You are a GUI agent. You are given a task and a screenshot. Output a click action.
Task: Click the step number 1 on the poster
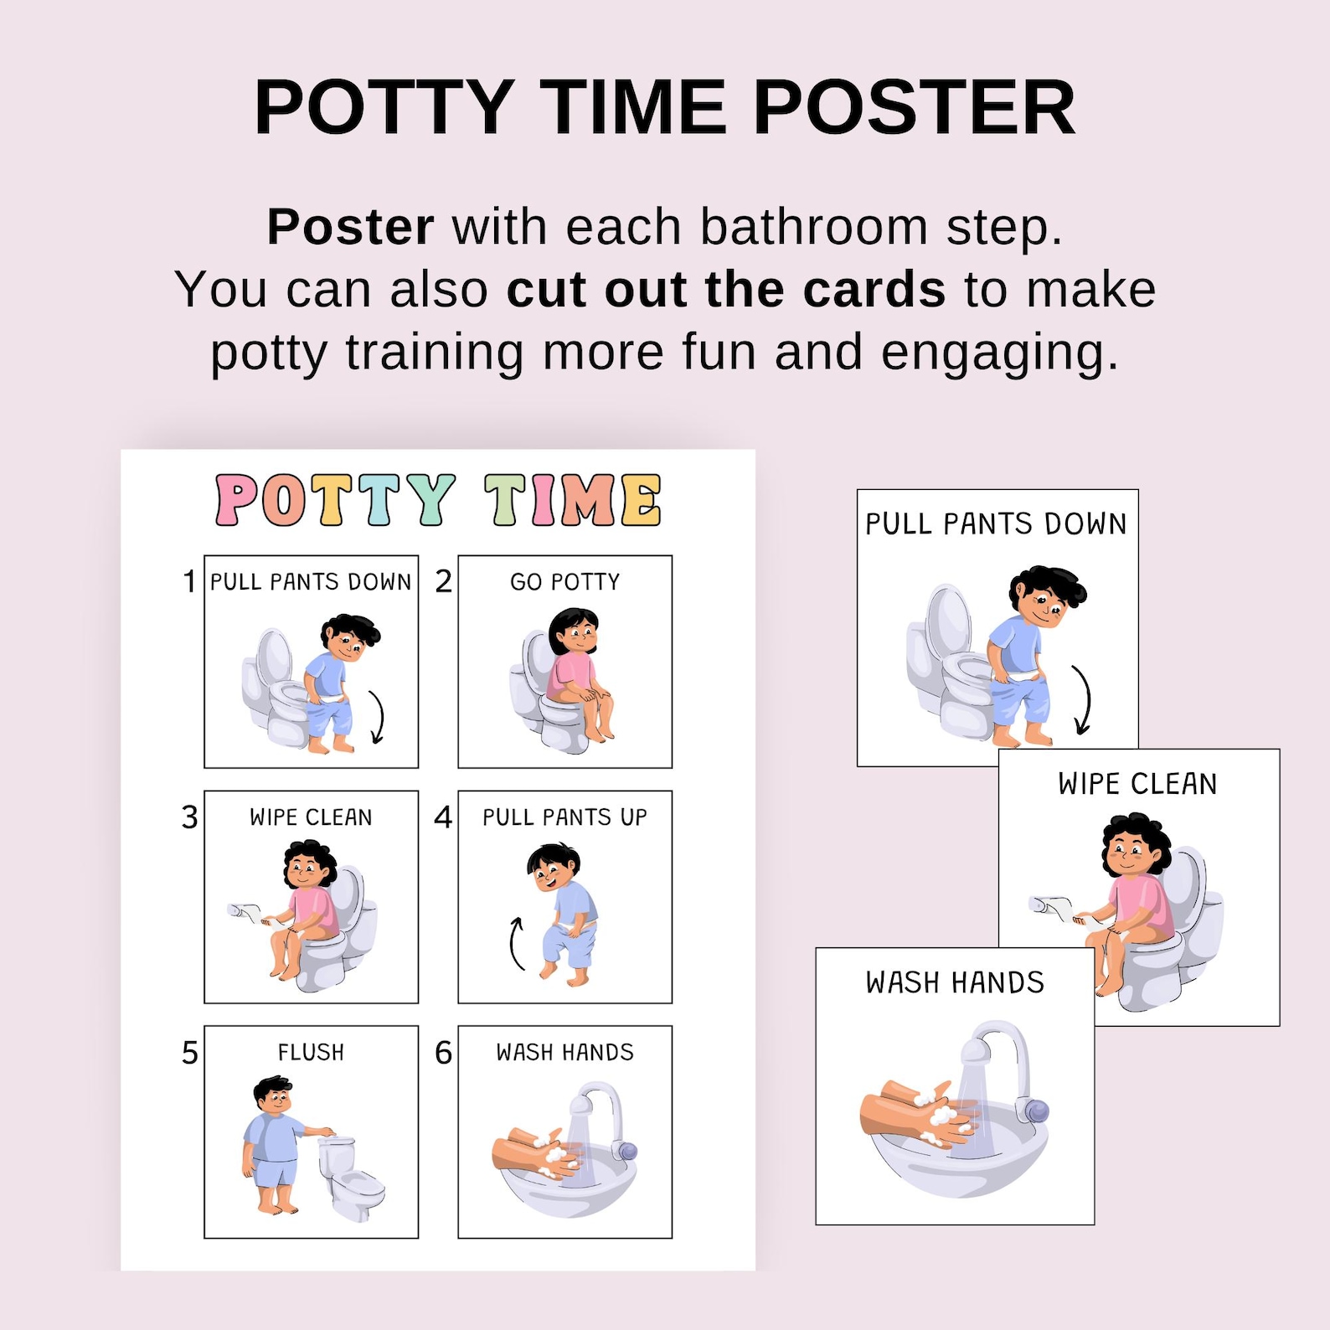click(x=189, y=581)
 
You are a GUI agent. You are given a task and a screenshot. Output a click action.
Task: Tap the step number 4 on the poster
click(x=443, y=817)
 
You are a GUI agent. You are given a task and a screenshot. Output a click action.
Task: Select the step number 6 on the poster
click(x=443, y=1053)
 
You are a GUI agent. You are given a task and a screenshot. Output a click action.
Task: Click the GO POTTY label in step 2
click(x=565, y=581)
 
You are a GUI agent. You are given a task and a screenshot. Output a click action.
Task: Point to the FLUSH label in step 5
click(x=311, y=1052)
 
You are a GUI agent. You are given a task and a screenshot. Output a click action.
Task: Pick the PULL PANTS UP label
click(x=565, y=817)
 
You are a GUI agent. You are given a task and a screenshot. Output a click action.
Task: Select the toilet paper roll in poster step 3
click(x=245, y=912)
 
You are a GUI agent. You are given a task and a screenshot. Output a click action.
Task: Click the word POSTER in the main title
click(x=915, y=107)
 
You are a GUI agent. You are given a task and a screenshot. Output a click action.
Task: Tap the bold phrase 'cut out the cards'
click(x=726, y=290)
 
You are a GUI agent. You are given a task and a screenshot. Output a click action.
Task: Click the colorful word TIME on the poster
click(x=573, y=500)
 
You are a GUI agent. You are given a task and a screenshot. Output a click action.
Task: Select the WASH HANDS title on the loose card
click(x=955, y=982)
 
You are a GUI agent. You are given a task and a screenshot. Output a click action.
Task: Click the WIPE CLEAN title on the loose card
click(x=1137, y=784)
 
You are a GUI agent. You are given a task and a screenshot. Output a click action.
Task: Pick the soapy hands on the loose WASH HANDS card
click(x=921, y=1114)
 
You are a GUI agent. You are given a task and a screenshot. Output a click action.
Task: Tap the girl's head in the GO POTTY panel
click(x=574, y=632)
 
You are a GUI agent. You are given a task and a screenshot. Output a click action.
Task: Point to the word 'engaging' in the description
click(x=999, y=352)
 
